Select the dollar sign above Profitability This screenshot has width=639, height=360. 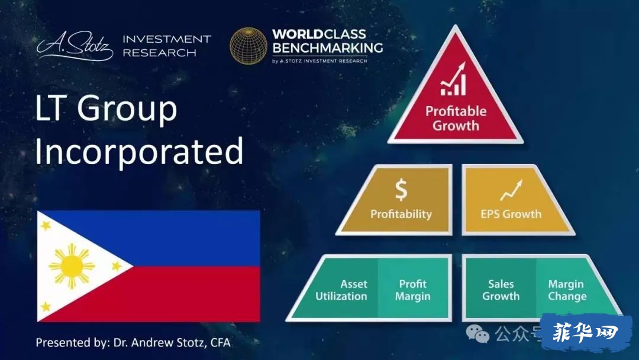[x=401, y=189]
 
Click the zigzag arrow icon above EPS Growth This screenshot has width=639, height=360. [x=511, y=190]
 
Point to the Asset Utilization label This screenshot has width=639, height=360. [x=341, y=290]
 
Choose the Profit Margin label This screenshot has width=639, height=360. [x=412, y=290]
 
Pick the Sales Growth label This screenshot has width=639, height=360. [x=501, y=290]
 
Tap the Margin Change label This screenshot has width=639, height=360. [x=567, y=290]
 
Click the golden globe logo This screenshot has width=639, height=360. [x=248, y=46]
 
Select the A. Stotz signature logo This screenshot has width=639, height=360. [x=75, y=46]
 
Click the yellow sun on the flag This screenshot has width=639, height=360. [x=72, y=266]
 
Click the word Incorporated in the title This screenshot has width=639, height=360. [x=140, y=152]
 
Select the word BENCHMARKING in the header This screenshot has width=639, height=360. [x=328, y=48]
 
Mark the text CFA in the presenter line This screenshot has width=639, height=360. [x=221, y=342]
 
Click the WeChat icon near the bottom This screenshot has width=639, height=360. [x=477, y=334]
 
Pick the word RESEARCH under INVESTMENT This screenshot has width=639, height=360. [x=159, y=53]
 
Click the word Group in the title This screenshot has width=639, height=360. [x=127, y=109]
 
